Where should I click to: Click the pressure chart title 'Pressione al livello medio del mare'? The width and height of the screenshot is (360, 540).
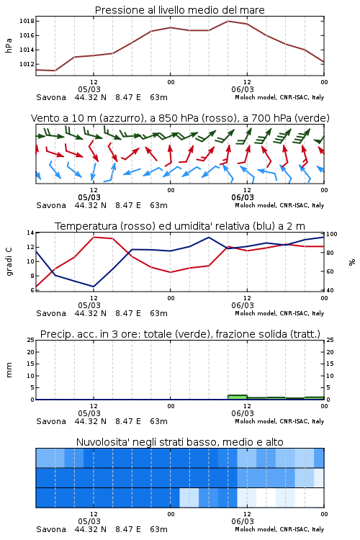click(x=179, y=10)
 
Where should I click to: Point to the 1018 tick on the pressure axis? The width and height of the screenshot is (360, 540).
click(x=27, y=21)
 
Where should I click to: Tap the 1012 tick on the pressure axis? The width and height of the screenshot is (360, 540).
click(x=27, y=64)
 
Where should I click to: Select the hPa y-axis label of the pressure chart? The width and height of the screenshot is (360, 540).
click(x=9, y=45)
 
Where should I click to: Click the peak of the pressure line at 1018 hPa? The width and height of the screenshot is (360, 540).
click(x=228, y=21)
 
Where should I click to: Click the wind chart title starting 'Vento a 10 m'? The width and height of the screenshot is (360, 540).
click(x=180, y=118)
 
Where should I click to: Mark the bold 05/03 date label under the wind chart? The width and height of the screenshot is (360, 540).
click(x=89, y=197)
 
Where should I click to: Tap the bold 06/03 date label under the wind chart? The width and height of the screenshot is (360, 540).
click(x=243, y=197)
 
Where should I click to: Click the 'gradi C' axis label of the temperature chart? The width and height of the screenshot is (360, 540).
click(x=9, y=262)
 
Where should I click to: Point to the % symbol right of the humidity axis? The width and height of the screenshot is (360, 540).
click(x=352, y=262)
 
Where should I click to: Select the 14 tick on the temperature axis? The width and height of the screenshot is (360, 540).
click(x=30, y=233)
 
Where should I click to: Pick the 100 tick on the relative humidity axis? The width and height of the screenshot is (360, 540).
click(x=332, y=234)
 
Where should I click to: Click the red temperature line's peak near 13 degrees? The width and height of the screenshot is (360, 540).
click(x=94, y=238)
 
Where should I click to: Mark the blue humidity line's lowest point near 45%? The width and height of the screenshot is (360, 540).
click(x=94, y=287)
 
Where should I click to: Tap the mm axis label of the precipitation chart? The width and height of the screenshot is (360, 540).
click(x=9, y=370)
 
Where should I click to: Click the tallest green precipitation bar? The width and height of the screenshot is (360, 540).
click(x=238, y=397)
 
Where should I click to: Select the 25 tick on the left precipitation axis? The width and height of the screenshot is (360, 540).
click(x=30, y=341)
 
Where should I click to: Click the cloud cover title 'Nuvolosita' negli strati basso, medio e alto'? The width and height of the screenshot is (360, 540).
click(x=179, y=442)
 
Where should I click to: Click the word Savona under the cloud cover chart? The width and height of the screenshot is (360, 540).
click(x=51, y=529)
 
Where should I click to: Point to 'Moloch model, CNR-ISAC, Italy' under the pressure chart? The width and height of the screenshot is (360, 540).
click(x=279, y=97)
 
